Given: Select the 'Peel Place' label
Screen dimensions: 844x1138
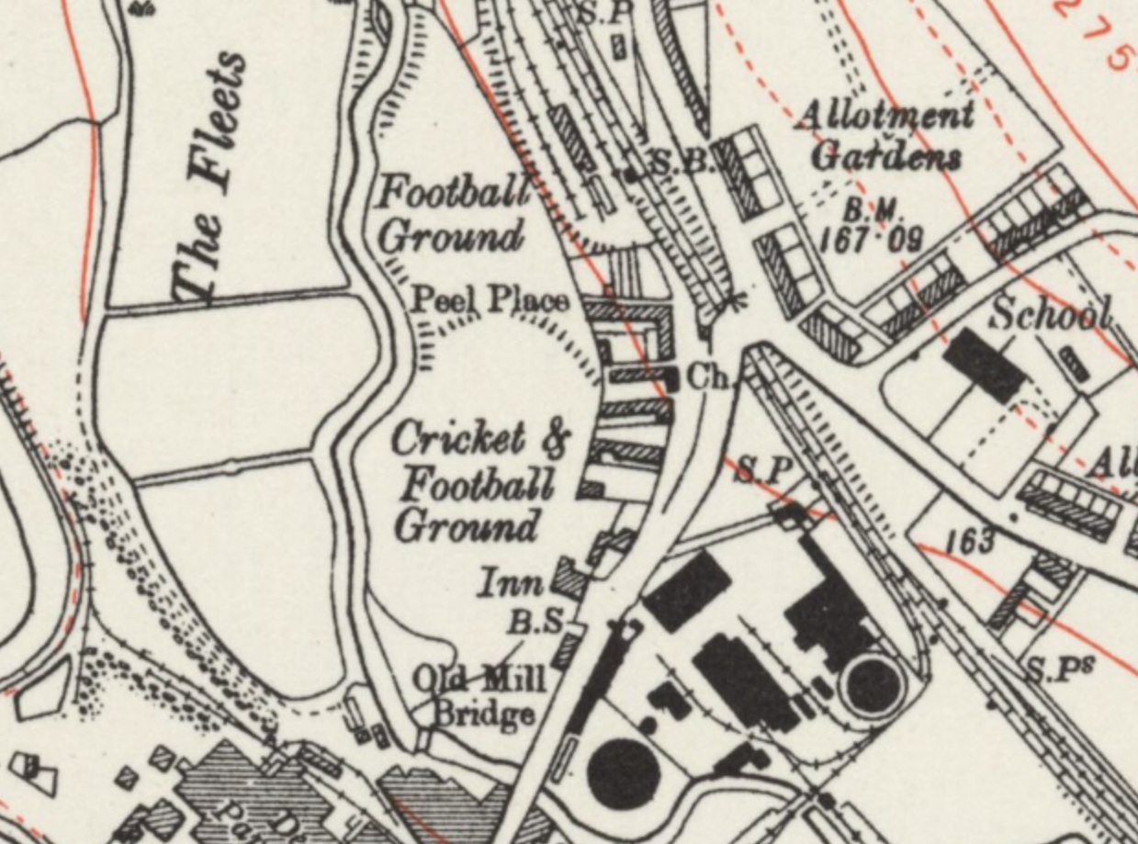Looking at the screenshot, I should (489, 300).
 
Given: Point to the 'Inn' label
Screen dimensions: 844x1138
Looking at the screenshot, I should (511, 582).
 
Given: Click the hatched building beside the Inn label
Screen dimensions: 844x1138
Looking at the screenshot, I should (569, 580).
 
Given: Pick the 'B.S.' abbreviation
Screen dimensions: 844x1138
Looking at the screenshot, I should (537, 622).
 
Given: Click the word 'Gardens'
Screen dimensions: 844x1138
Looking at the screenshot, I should (886, 156).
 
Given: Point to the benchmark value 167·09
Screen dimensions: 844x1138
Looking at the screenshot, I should (870, 240).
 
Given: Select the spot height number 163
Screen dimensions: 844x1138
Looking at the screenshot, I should (970, 541).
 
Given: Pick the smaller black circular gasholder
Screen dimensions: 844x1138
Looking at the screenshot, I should (872, 685).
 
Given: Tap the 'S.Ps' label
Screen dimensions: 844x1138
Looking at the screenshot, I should (1056, 670).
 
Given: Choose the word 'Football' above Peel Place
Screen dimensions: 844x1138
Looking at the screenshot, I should (454, 193).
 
